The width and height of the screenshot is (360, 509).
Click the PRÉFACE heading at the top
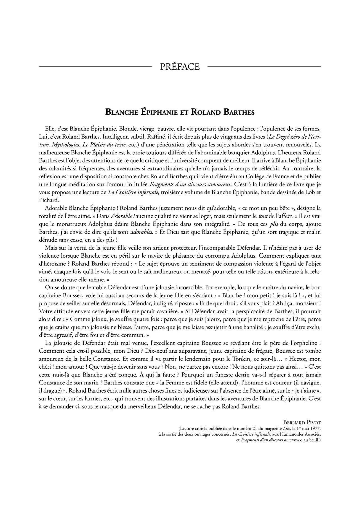point(180,67)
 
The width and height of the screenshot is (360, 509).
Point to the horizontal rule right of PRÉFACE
point(264,66)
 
